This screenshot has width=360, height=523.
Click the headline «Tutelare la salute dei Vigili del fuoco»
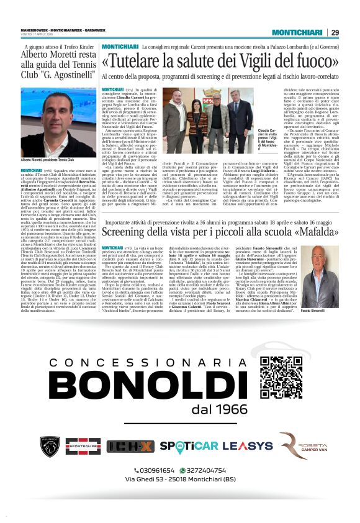coord(210,61)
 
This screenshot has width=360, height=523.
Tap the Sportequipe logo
coord(89,446)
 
